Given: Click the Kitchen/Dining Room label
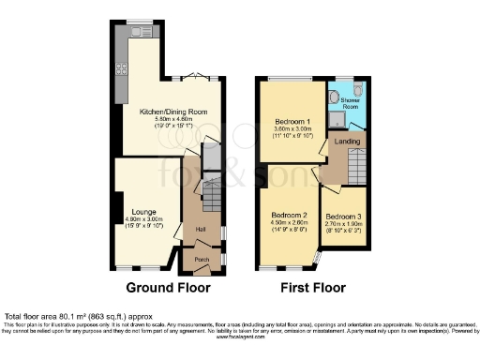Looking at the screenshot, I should click(173, 112).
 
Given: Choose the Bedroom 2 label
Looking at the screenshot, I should click(290, 214).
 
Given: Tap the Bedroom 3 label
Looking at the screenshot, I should click(343, 217).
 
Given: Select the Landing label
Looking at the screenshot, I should click(347, 142).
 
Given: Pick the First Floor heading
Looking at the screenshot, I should click(314, 288).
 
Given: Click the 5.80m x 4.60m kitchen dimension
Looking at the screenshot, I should click(173, 119).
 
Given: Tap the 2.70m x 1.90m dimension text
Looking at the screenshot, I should click(343, 225).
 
